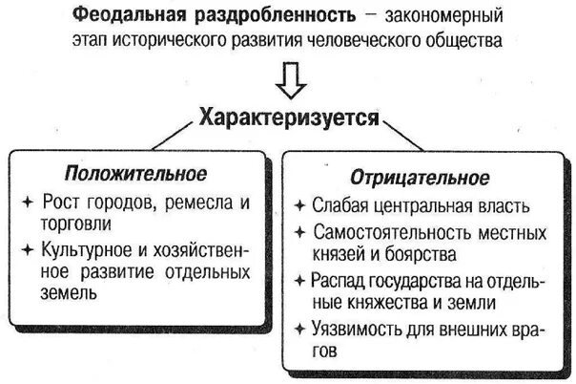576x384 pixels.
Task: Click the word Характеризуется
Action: point(289,119)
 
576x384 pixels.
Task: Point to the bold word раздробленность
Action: point(247,16)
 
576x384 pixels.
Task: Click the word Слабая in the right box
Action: point(340,205)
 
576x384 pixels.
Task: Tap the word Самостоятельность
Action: point(397,232)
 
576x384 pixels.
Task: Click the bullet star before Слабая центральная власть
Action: point(299,205)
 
